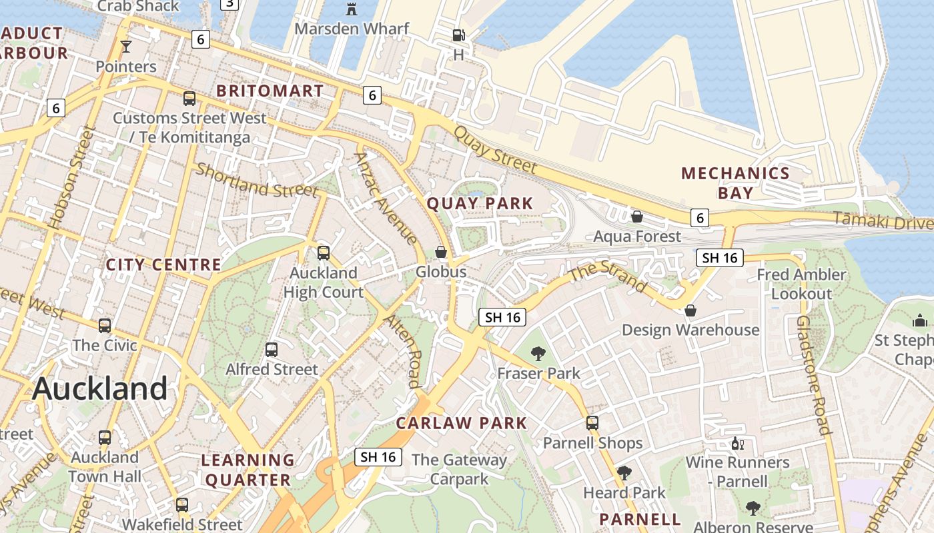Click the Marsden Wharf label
coord(352,29)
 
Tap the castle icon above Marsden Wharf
coord(352,9)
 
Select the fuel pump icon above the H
coord(458,35)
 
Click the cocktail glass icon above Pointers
coord(125,46)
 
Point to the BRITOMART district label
coord(270,91)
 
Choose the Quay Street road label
coord(494,150)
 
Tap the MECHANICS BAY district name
coord(735,183)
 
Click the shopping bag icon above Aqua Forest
coord(637,217)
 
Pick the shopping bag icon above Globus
coord(441,252)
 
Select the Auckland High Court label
coord(324,282)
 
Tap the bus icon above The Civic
coord(105,326)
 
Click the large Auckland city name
coord(99,388)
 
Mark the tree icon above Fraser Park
coord(538,354)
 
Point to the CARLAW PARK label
coord(462,423)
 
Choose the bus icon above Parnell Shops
coord(592,423)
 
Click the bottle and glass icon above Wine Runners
coord(737,443)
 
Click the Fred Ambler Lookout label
coord(801,284)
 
